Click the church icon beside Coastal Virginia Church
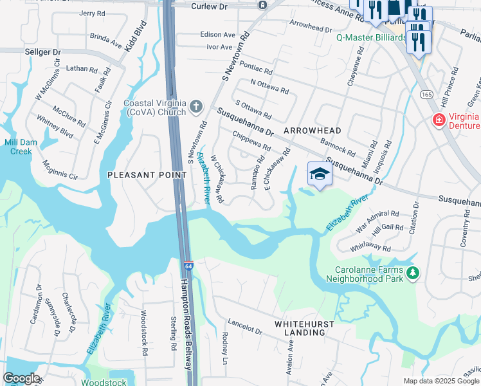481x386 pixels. [x=197, y=106]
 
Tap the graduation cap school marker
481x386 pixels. [x=320, y=174]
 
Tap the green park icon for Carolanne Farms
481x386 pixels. [x=412, y=274]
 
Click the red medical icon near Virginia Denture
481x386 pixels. [x=439, y=120]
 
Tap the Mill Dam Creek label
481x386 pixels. [x=17, y=147]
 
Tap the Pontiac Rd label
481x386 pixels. [x=257, y=71]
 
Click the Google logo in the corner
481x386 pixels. [x=21, y=378]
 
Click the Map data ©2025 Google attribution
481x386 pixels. [x=441, y=381]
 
